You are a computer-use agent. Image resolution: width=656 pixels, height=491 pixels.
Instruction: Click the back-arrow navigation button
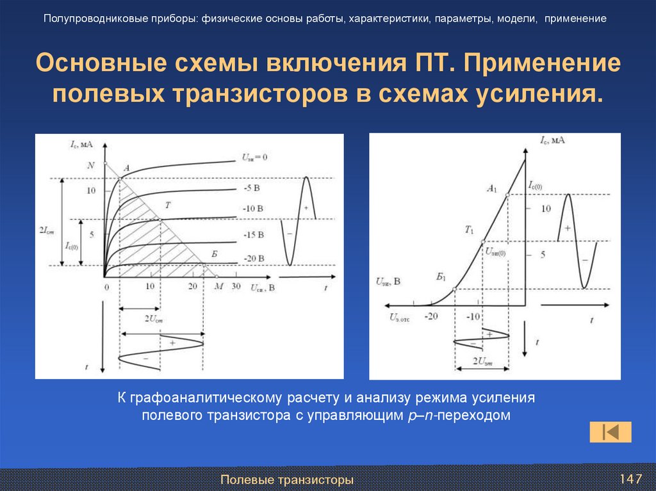(x=611, y=432)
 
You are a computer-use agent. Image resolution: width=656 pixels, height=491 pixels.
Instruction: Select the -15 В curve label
(x=254, y=235)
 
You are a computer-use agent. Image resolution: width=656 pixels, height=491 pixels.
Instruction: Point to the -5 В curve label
(x=251, y=188)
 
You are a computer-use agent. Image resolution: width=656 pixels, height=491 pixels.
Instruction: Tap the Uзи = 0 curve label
(x=254, y=157)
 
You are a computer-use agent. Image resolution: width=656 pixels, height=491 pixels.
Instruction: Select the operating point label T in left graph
(x=167, y=205)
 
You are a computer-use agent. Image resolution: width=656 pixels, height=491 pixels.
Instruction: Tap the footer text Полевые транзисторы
(x=287, y=479)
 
